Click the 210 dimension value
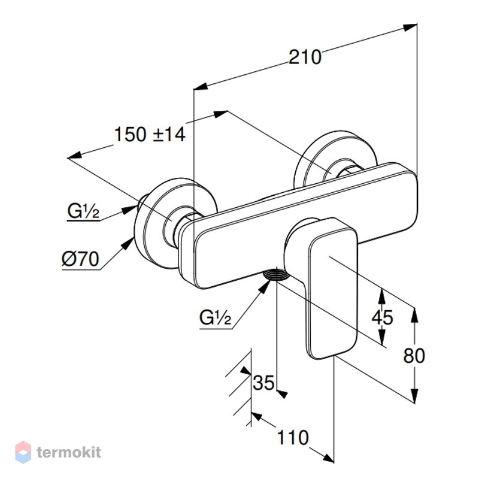[x=305, y=57]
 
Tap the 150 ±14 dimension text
[x=150, y=134]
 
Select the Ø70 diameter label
[x=80, y=259]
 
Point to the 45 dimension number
[x=382, y=317]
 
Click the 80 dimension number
[x=414, y=356]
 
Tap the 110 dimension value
[x=293, y=438]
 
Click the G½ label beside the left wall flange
[x=83, y=211]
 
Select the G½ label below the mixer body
[x=215, y=317]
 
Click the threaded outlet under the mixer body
[x=276, y=274]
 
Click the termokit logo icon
[x=23, y=452]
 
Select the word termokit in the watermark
[x=69, y=452]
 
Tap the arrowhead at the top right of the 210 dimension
[x=410, y=27]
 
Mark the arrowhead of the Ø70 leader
[x=128, y=244]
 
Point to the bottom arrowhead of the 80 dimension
[x=414, y=395]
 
